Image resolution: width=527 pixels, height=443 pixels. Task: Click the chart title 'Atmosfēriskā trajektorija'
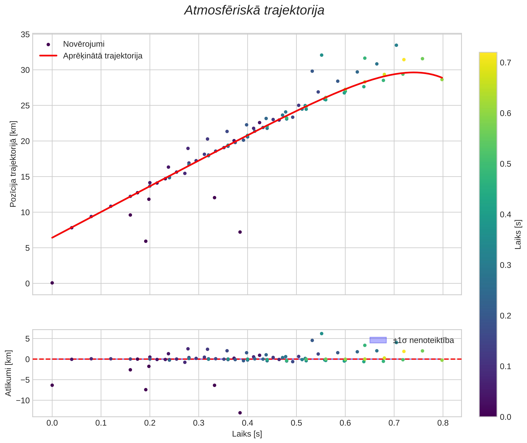[x=254, y=10]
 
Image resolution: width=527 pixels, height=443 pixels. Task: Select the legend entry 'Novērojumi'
[x=84, y=44]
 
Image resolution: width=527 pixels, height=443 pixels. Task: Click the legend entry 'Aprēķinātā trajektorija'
[x=103, y=56]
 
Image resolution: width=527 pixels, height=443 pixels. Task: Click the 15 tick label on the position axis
[x=25, y=177]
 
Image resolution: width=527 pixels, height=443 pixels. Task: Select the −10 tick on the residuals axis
[x=23, y=400]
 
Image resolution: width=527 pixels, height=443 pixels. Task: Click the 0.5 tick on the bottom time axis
[x=296, y=423]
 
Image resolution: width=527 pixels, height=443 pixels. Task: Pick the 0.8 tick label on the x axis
[x=443, y=423]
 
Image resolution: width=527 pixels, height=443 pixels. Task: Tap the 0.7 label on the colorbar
[x=505, y=63]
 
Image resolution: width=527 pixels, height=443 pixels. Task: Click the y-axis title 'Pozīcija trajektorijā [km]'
[x=13, y=164]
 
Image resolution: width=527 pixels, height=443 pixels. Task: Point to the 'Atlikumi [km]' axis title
[x=8, y=373]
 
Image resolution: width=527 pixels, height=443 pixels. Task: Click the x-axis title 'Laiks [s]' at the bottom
[x=247, y=434]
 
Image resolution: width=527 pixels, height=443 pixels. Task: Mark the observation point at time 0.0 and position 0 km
[x=52, y=283]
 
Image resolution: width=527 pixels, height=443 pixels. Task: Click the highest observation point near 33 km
[x=396, y=45]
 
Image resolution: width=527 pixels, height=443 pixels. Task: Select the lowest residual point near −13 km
[x=240, y=413]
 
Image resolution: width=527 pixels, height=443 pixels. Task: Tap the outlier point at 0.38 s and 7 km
[x=240, y=232]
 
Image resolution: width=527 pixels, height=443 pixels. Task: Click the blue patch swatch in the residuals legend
[x=378, y=340]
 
